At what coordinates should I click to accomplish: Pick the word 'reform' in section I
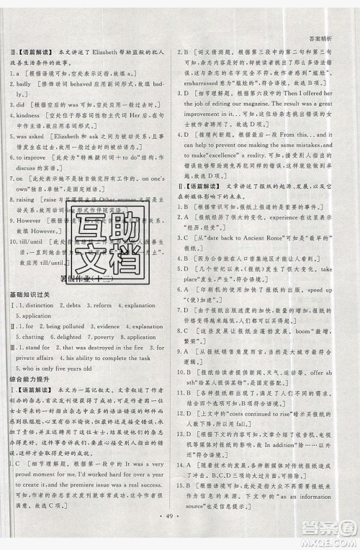(x=102, y=306)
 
